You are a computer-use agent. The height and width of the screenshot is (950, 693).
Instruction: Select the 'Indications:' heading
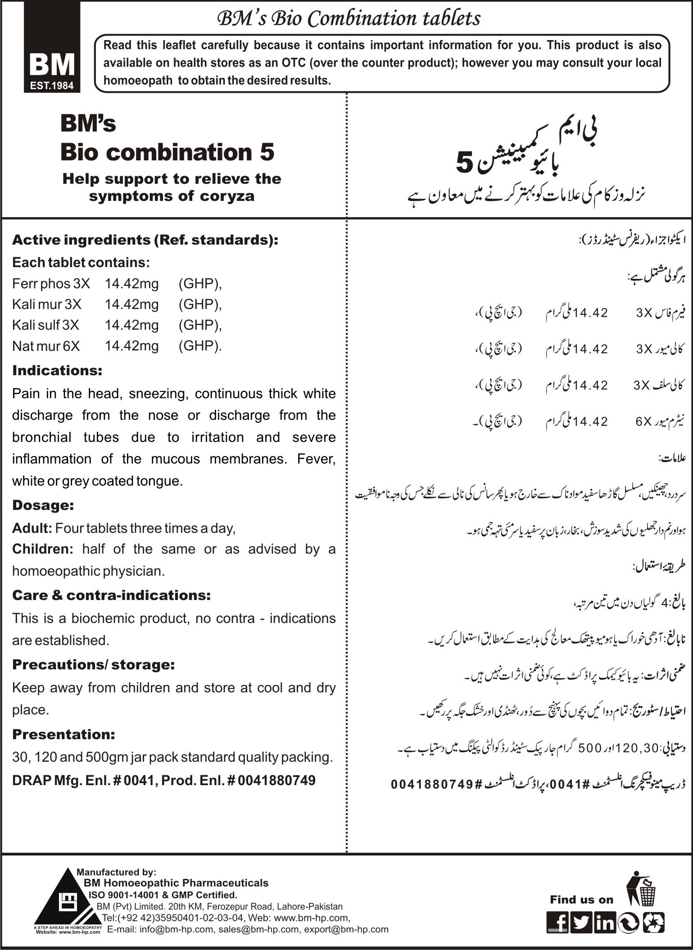pyautogui.click(x=57, y=371)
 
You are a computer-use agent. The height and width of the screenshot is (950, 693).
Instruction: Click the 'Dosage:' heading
pyautogui.click(x=43, y=505)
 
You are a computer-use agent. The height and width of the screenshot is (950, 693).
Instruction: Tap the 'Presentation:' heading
pyautogui.click(x=63, y=734)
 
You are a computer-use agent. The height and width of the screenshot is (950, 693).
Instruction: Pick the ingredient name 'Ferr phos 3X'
pyautogui.click(x=51, y=284)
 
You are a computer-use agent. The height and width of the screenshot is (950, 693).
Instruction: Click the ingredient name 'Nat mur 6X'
pyautogui.click(x=46, y=346)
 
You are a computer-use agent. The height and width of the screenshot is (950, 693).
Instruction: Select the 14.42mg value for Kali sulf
pyautogui.click(x=131, y=325)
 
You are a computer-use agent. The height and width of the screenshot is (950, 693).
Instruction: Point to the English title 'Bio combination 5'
pyautogui.click(x=167, y=152)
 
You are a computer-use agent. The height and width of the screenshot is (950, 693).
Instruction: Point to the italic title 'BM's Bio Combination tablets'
pyautogui.click(x=349, y=19)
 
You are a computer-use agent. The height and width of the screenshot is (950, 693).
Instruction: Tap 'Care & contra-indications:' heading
pyautogui.click(x=111, y=595)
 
